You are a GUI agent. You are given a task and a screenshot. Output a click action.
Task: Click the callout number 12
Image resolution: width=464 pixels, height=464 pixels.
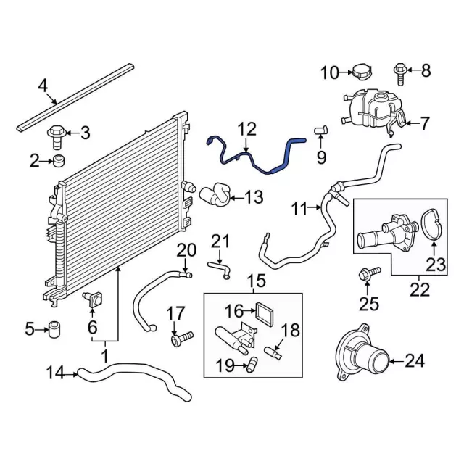pos(247,130)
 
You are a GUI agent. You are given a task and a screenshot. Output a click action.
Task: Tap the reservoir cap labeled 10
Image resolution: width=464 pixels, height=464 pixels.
pos(362,71)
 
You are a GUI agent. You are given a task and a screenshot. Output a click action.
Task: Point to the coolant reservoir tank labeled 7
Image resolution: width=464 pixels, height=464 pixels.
pos(370,109)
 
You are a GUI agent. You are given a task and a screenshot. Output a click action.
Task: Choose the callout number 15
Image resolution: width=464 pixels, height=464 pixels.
pos(257,281)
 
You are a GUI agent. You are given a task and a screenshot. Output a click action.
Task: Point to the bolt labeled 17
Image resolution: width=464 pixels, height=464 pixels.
pos(181,338)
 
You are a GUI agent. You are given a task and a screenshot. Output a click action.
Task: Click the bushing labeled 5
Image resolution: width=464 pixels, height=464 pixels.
pos(54,329)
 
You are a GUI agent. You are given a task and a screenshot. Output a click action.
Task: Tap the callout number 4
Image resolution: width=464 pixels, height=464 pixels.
pos(43,88)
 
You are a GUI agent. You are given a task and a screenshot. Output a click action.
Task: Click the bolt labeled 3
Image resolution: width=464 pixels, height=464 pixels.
pos(57,133)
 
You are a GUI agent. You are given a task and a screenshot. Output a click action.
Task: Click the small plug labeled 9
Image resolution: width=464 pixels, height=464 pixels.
pos(321,130)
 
